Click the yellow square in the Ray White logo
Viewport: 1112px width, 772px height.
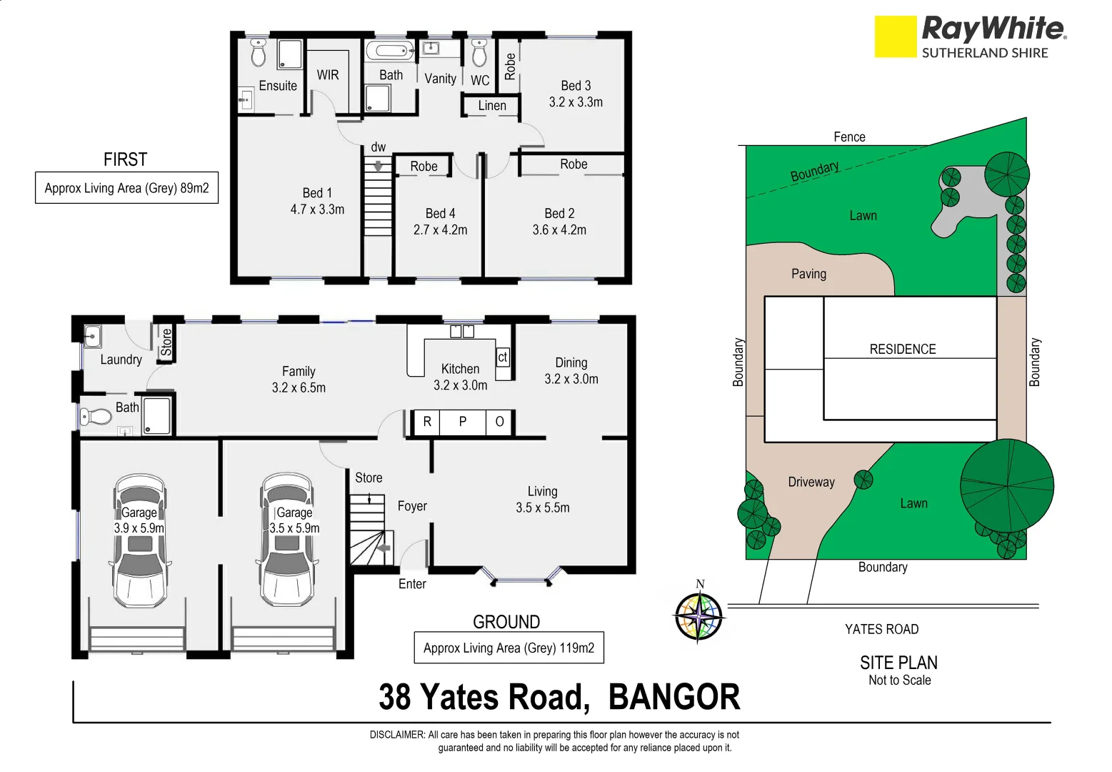895,36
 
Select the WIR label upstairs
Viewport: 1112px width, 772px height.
328,75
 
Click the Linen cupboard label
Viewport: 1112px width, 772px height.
492,106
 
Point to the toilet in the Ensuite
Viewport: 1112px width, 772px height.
259,52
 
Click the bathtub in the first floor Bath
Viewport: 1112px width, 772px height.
390,51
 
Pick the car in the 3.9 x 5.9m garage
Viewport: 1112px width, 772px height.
140,540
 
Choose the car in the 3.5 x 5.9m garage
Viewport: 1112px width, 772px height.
287,540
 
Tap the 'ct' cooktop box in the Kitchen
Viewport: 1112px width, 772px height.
503,357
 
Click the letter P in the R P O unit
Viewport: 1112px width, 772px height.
463,422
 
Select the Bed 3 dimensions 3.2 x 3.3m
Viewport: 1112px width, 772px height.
576,102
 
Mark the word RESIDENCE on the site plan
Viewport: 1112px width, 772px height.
902,349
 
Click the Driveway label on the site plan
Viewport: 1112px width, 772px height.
811,482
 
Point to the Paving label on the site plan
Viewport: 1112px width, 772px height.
808,274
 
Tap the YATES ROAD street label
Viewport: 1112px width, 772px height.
881,629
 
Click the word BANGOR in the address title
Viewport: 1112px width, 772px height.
673,697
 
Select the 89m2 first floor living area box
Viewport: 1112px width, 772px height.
126,188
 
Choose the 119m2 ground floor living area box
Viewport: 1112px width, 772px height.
509,648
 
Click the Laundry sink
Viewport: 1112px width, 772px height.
92,335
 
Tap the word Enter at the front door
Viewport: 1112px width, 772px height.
412,584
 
